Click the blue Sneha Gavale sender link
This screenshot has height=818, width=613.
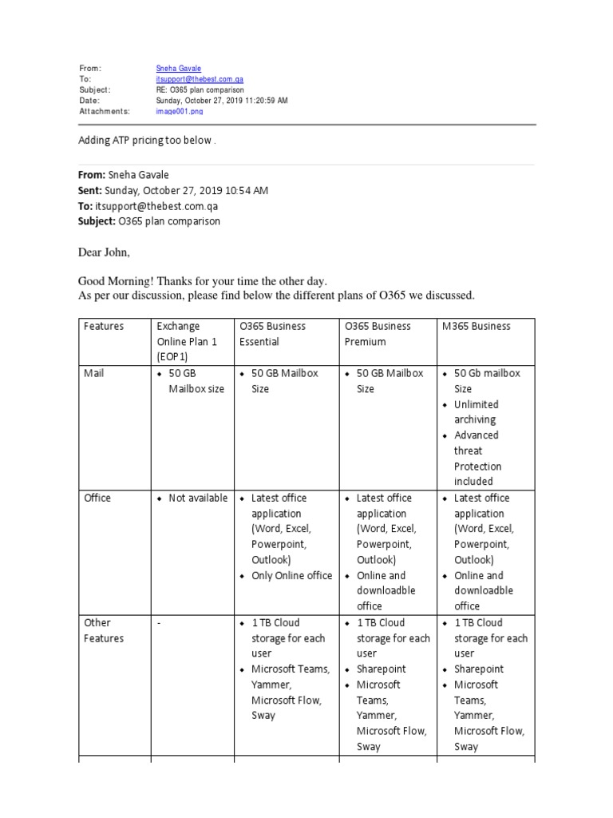click(x=178, y=69)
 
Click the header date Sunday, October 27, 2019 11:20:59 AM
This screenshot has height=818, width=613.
click(x=222, y=101)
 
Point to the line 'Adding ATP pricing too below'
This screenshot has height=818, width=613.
click(x=146, y=141)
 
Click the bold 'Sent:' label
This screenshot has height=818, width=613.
click(x=89, y=190)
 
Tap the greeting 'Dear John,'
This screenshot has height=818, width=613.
click(x=103, y=252)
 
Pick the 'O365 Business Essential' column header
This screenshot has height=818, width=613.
click(x=272, y=333)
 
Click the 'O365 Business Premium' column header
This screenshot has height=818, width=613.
click(x=378, y=333)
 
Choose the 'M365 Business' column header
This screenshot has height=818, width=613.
click(x=476, y=326)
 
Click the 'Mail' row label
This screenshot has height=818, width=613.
click(x=94, y=373)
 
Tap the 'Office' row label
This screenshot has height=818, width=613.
click(x=97, y=498)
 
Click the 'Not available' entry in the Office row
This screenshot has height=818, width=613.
click(x=198, y=498)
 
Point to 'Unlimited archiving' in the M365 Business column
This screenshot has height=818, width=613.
click(x=477, y=411)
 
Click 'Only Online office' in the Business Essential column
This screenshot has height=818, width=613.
click(x=291, y=575)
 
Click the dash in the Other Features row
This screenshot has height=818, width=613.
click(x=159, y=623)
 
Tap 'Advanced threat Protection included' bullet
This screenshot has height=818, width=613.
click(x=477, y=458)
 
